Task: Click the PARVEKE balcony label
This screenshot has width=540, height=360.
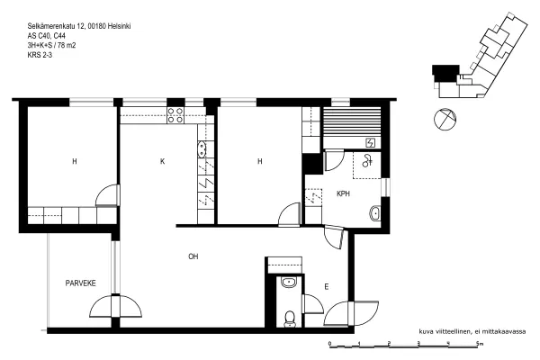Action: [81, 283]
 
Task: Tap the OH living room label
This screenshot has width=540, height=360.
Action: [193, 256]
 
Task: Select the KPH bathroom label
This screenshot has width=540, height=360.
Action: [344, 193]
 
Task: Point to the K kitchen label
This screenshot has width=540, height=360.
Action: [163, 161]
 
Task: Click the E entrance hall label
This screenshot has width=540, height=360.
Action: [327, 286]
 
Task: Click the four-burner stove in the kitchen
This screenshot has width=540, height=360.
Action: [175, 115]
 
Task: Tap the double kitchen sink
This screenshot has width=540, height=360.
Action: [202, 150]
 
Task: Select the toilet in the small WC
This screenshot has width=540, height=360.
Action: [290, 319]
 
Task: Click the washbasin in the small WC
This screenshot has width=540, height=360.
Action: [289, 283]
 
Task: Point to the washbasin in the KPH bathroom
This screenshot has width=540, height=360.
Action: [375, 213]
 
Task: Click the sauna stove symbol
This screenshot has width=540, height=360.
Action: [370, 142]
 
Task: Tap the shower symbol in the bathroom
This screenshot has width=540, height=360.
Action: [367, 161]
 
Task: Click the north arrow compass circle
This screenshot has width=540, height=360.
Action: [445, 119]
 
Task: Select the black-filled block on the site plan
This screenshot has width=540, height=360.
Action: [445, 72]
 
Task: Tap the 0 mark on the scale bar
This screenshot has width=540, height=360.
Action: [329, 343]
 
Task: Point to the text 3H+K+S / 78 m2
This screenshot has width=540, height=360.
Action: [51, 45]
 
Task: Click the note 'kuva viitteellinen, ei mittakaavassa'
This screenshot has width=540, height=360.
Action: [472, 332]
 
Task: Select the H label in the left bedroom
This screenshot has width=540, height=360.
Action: [75, 161]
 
